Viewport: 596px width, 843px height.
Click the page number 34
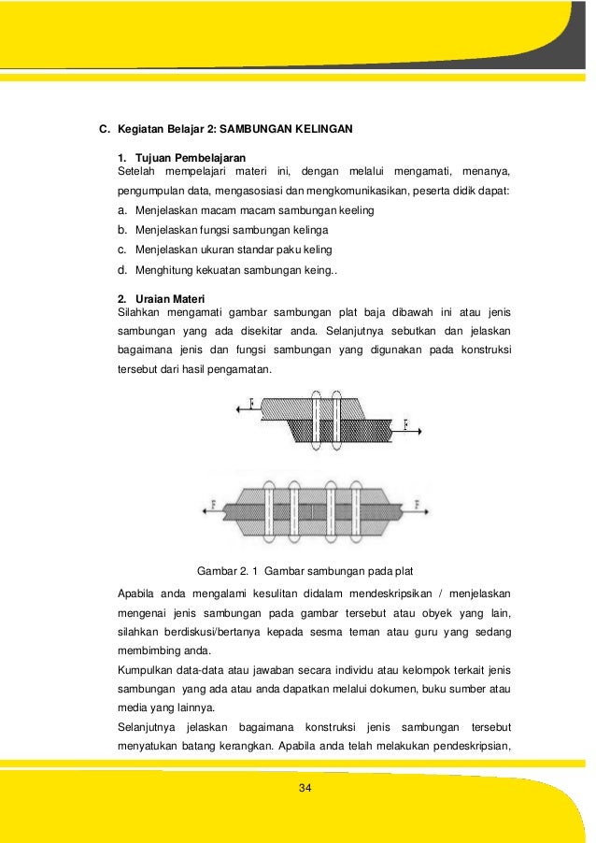pos(304,790)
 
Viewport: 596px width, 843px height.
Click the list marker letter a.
pos(121,210)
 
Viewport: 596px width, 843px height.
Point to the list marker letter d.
pos(121,270)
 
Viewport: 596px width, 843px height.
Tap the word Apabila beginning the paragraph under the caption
pos(138,593)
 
